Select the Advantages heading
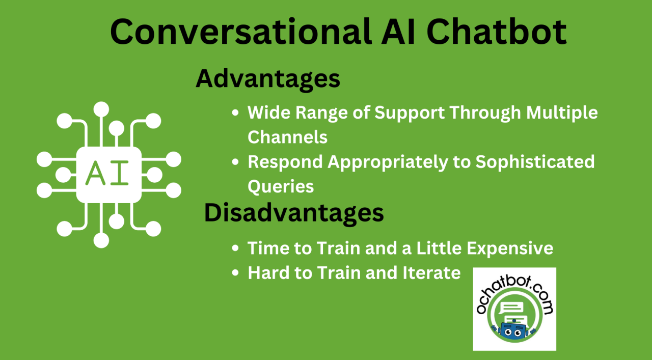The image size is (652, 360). [x=268, y=79]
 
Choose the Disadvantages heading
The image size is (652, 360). [x=294, y=213]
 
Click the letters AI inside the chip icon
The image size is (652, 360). [x=108, y=174]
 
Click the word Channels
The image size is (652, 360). [x=287, y=137]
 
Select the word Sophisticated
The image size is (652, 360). [x=535, y=162]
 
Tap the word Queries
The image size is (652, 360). [x=281, y=186]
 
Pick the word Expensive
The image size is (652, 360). [x=510, y=248]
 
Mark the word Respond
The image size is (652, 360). [x=285, y=162]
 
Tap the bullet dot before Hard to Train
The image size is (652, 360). [x=235, y=273]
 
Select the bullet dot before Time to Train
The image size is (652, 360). [x=235, y=249]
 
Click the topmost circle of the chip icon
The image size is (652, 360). [x=101, y=109]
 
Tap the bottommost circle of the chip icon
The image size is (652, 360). [x=101, y=240]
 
